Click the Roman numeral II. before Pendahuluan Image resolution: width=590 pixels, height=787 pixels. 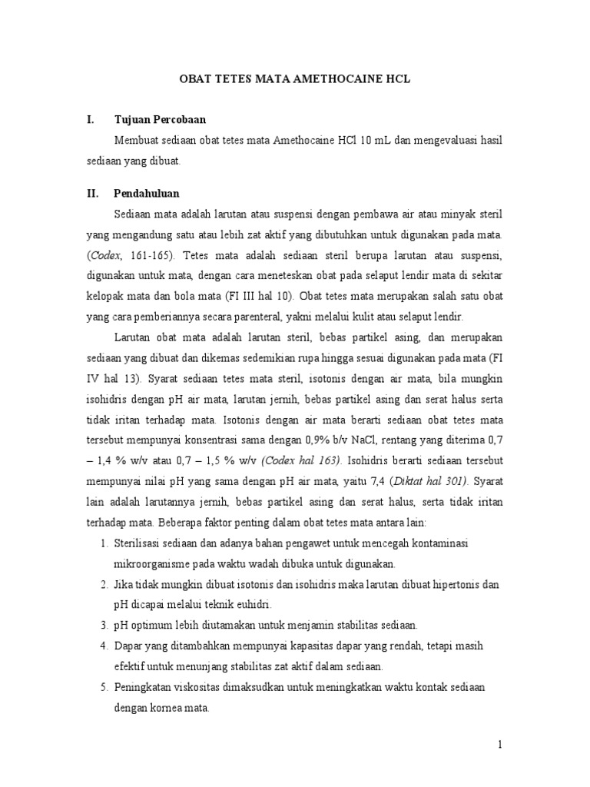pos(94,193)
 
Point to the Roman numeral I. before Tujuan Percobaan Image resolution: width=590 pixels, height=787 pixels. pos(91,120)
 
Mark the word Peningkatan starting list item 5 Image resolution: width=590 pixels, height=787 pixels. pos(143,686)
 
